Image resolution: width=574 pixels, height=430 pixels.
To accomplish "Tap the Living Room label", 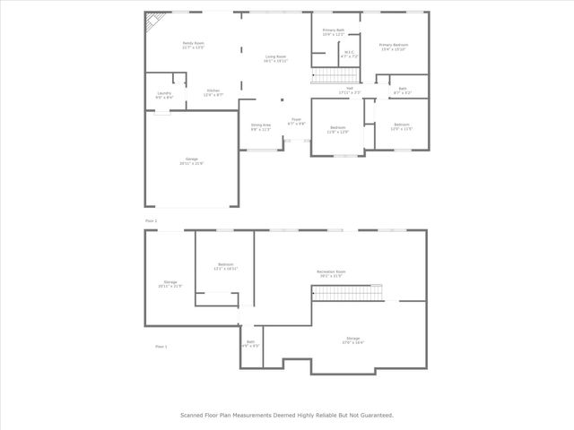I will (x=275, y=58).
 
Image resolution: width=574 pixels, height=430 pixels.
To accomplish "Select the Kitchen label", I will (x=214, y=91).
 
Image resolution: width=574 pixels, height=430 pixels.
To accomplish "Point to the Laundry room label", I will (x=164, y=95).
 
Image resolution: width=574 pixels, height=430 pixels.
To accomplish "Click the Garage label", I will (x=191, y=160).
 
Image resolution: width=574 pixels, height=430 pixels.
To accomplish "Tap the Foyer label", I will (x=295, y=121).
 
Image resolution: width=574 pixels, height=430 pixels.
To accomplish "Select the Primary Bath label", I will (x=334, y=32).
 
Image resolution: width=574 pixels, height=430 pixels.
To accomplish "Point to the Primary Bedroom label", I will (x=394, y=47).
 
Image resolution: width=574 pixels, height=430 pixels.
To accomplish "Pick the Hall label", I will (x=350, y=90).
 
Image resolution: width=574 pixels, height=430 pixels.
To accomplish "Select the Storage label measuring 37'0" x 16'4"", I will (x=353, y=340).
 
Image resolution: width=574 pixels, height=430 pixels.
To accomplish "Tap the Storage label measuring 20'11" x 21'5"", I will (x=170, y=284).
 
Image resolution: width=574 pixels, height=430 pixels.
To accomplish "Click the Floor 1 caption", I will (x=161, y=346).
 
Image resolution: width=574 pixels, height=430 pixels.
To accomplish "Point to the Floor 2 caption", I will (x=151, y=219).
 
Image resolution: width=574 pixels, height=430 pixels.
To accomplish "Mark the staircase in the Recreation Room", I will (x=361, y=293).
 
